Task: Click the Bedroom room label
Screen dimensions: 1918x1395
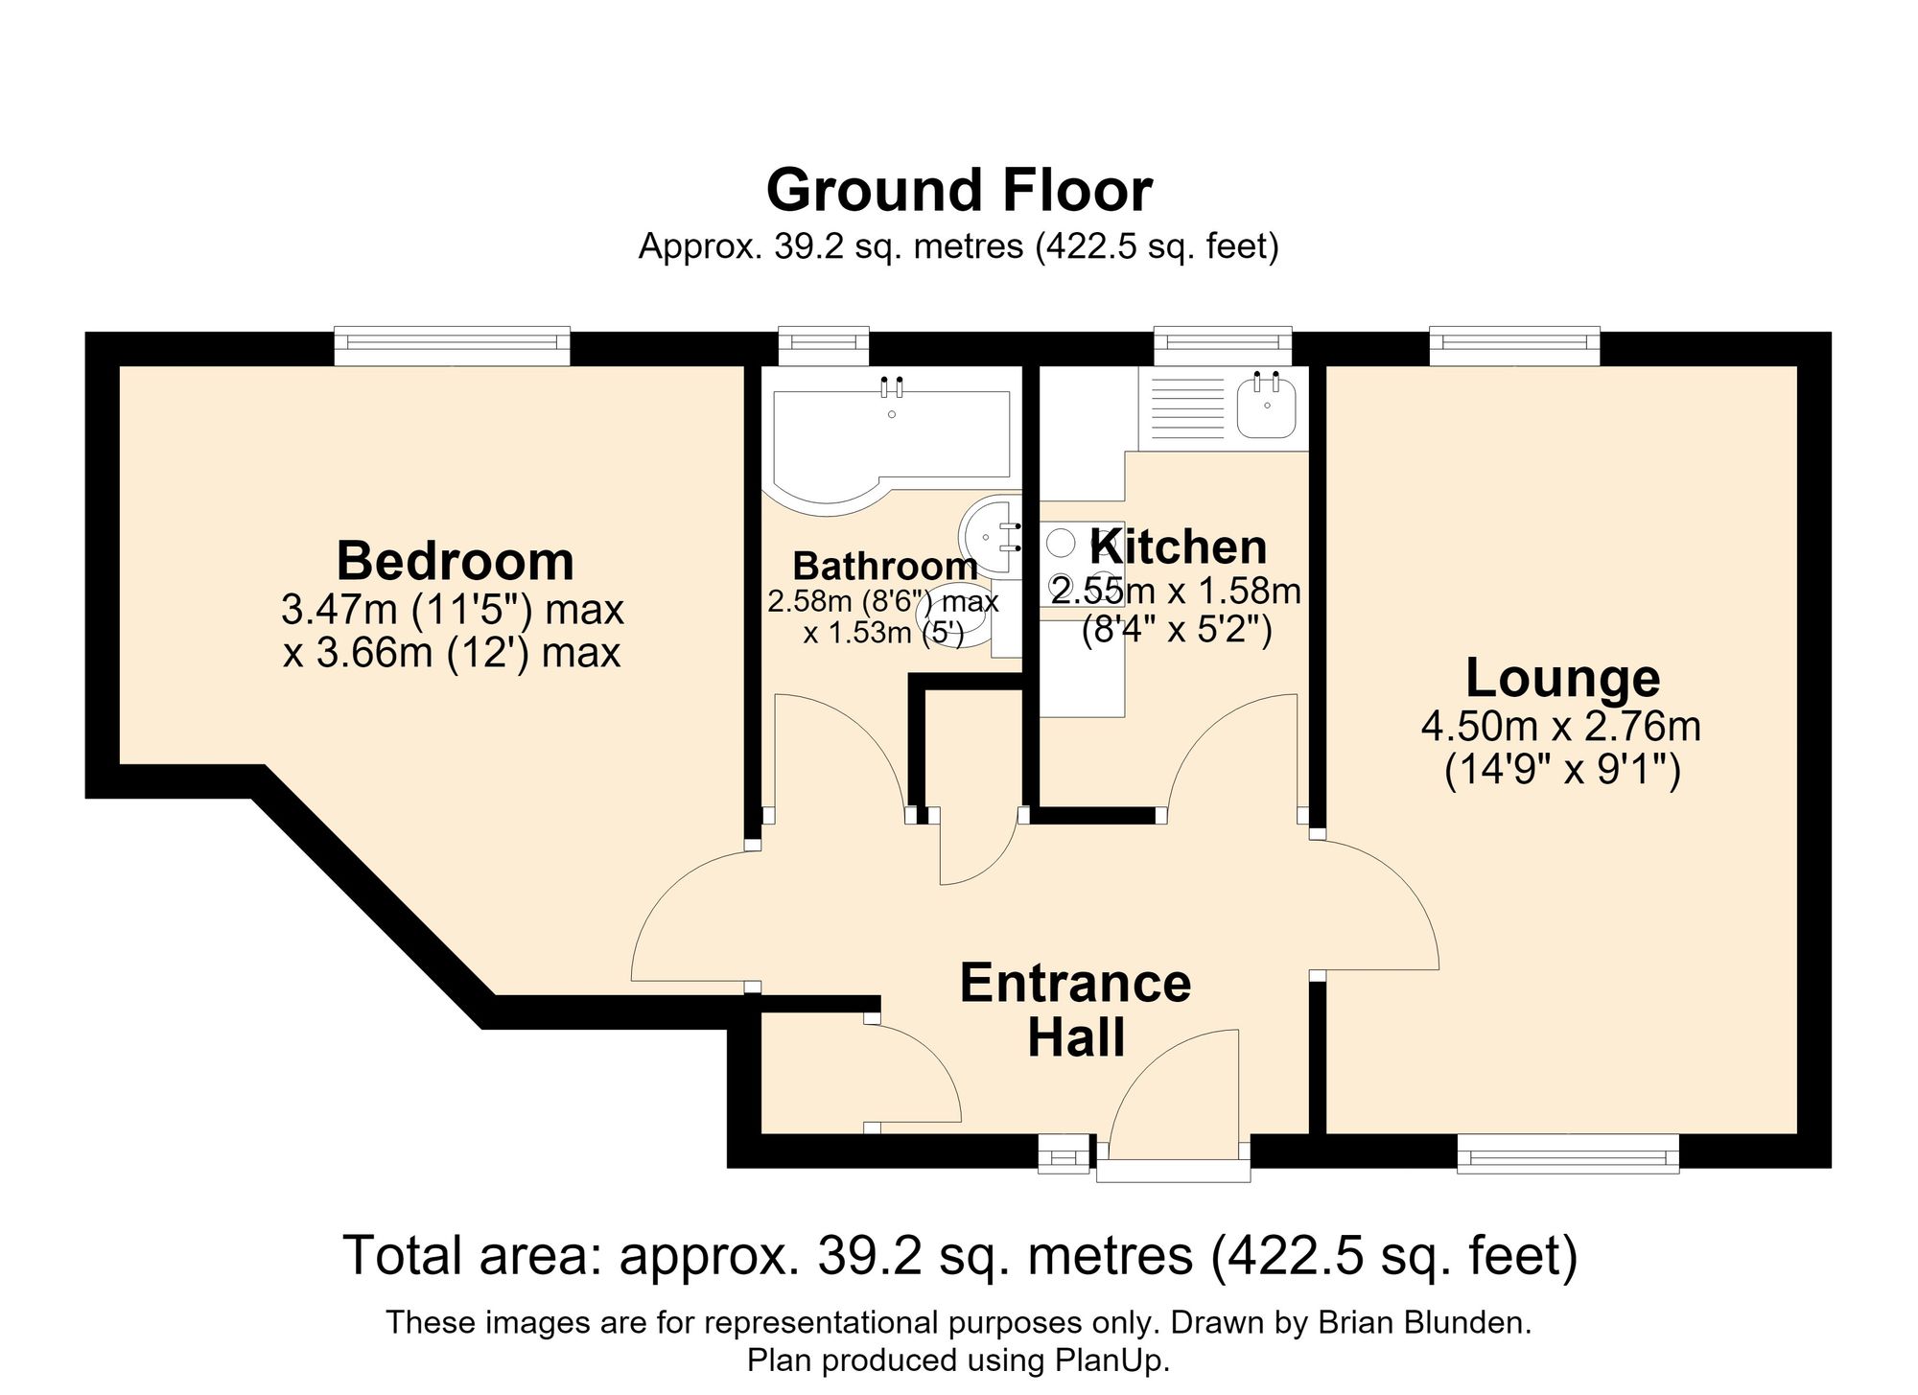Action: (x=455, y=561)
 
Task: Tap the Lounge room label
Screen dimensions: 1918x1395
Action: (x=1562, y=679)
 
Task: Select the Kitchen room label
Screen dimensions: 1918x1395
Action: (x=1179, y=546)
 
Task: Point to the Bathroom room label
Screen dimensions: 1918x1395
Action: (x=885, y=567)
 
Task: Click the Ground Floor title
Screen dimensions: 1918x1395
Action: (x=959, y=190)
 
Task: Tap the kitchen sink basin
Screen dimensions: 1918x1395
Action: (x=1268, y=407)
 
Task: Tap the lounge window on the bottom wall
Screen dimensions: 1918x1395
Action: (x=1568, y=1153)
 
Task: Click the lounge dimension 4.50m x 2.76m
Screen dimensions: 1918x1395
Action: (x=1561, y=727)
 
